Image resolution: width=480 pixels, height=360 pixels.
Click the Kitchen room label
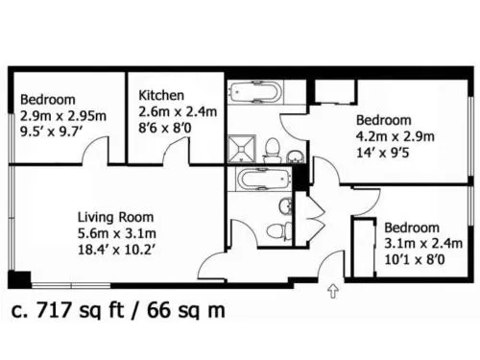pyautogui.click(x=161, y=95)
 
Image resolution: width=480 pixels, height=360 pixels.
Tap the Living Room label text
pyautogui.click(x=115, y=217)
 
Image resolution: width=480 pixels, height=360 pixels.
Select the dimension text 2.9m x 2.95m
pyautogui.click(x=63, y=116)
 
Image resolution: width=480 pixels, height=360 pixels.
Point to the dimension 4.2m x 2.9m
pyautogui.click(x=396, y=136)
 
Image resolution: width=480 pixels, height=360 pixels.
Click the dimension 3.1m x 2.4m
pyautogui.click(x=423, y=244)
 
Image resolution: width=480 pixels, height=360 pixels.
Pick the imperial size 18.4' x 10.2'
pyautogui.click(x=116, y=250)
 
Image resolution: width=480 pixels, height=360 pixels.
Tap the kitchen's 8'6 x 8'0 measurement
pyautogui.click(x=165, y=128)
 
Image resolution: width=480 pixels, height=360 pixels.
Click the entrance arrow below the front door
pyautogui.click(x=333, y=291)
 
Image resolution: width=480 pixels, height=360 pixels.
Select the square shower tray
pyautogui.click(x=242, y=150)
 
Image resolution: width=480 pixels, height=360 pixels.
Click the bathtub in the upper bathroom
pyautogui.click(x=255, y=92)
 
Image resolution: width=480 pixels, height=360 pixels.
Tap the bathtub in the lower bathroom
pyautogui.click(x=263, y=179)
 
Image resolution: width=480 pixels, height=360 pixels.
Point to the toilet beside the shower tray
pyautogui.click(x=273, y=151)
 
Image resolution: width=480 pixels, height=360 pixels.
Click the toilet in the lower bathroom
pyautogui.click(x=279, y=230)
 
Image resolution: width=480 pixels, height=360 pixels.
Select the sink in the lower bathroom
pyautogui.click(x=286, y=205)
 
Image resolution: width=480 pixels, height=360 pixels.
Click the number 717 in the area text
pyautogui.click(x=54, y=310)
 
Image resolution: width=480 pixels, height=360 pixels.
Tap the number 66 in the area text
pyautogui.click(x=158, y=310)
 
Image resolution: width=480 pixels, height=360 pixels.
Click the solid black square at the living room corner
pyautogui.click(x=19, y=279)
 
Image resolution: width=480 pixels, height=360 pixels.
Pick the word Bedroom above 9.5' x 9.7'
pyautogui.click(x=48, y=100)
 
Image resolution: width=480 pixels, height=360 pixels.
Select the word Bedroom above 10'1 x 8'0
pyautogui.click(x=412, y=228)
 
